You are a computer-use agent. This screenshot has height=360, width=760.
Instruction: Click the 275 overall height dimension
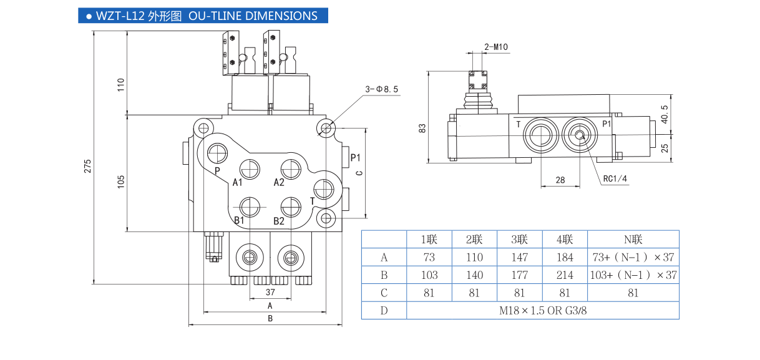click(88, 166)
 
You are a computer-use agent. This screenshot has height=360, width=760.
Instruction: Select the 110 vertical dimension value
click(122, 85)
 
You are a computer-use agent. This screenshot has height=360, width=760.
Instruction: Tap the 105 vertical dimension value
click(122, 181)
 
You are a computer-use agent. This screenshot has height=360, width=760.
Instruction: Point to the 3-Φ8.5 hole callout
click(381, 89)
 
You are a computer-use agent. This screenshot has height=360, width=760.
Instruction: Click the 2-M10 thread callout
click(496, 47)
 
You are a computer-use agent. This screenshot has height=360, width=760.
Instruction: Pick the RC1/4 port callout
click(615, 180)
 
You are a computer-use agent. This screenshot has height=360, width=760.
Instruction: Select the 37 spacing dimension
click(270, 292)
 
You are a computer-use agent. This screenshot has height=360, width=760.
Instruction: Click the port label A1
click(238, 182)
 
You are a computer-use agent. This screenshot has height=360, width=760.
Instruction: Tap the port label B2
click(279, 221)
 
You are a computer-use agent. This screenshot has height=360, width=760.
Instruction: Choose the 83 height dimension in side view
click(422, 128)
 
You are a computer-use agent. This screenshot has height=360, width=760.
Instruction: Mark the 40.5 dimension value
click(665, 114)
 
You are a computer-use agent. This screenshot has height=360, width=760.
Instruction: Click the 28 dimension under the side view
click(560, 180)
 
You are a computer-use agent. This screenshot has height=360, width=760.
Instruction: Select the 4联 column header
click(565, 240)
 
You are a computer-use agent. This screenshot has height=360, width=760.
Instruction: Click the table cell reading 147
click(519, 257)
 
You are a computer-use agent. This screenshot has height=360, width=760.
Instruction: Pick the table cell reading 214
click(565, 275)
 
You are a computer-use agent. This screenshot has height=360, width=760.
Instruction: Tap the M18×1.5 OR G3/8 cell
click(542, 311)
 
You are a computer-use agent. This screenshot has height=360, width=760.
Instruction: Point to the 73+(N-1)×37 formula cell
click(633, 257)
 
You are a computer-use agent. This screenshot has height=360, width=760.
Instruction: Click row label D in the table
click(384, 311)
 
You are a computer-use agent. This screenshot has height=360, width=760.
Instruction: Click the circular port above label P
click(218, 153)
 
